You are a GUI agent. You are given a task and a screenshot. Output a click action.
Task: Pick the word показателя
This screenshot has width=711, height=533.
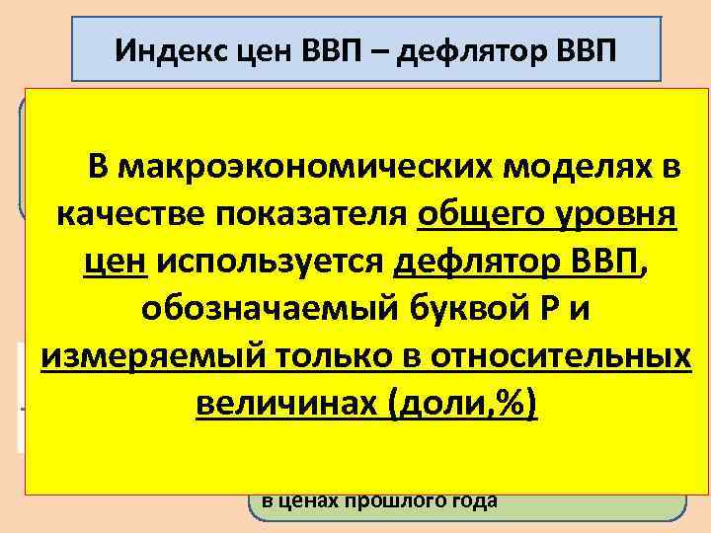click(x=307, y=215)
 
